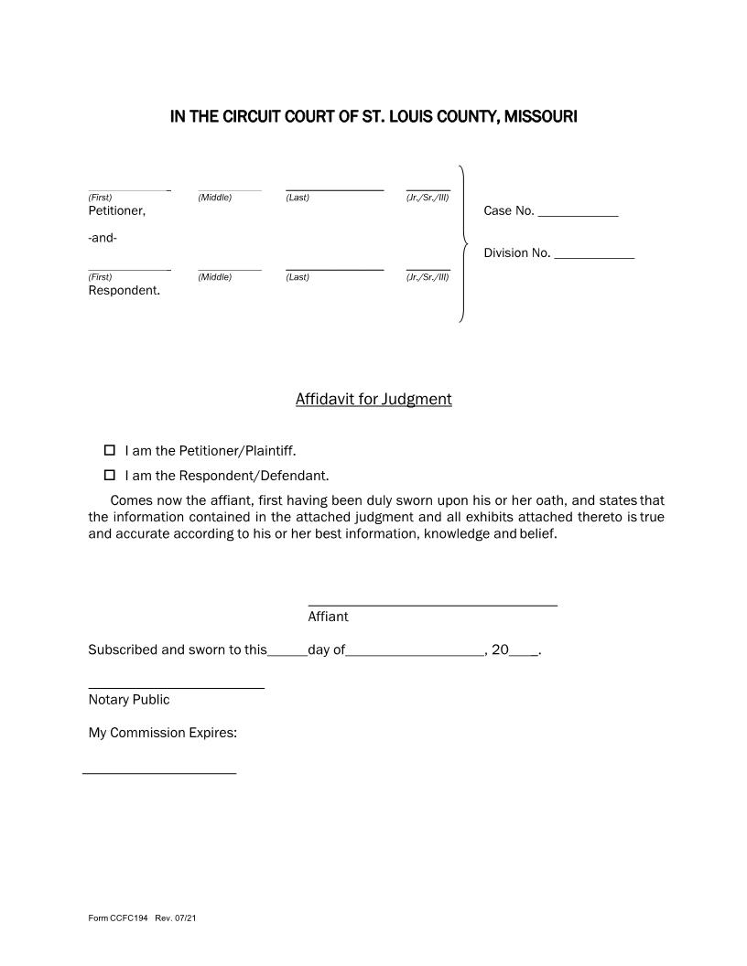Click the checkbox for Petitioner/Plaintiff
point(110,450)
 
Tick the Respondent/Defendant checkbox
point(110,475)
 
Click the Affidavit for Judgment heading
point(373,399)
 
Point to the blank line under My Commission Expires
point(159,772)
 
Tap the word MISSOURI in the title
point(538,117)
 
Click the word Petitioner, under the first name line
point(116,210)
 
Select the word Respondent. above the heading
point(124,291)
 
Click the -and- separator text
point(103,239)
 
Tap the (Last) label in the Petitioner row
point(298,198)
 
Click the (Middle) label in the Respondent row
point(215,277)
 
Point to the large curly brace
point(463,244)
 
